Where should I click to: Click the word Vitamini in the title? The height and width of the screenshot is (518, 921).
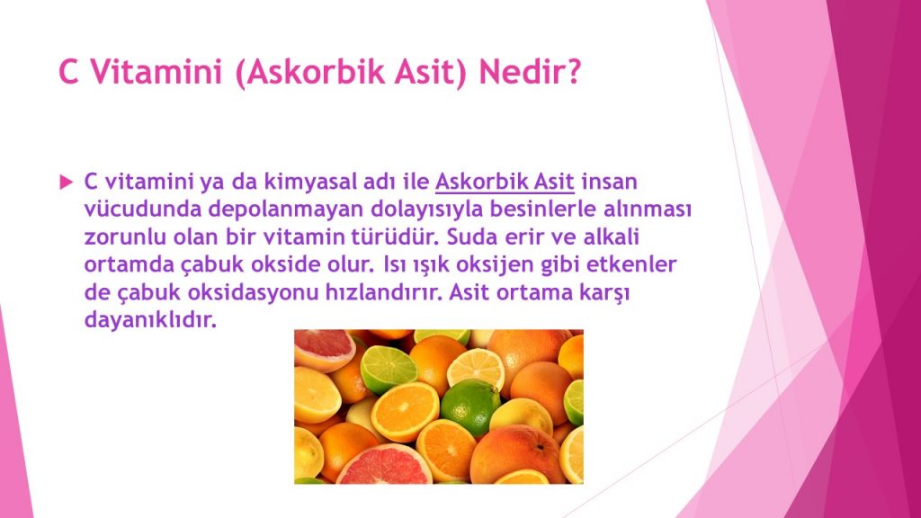156,72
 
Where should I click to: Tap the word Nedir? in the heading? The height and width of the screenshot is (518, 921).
530,72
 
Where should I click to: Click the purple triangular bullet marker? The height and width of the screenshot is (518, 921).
66,182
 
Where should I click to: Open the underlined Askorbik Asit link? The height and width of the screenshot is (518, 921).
505,182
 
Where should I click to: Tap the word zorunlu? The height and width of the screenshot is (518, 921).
124,237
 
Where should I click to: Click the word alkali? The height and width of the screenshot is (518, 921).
611,237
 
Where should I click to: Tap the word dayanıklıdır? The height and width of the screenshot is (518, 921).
151,321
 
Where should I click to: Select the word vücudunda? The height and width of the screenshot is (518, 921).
142,210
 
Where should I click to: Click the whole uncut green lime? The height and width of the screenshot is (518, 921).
469,406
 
